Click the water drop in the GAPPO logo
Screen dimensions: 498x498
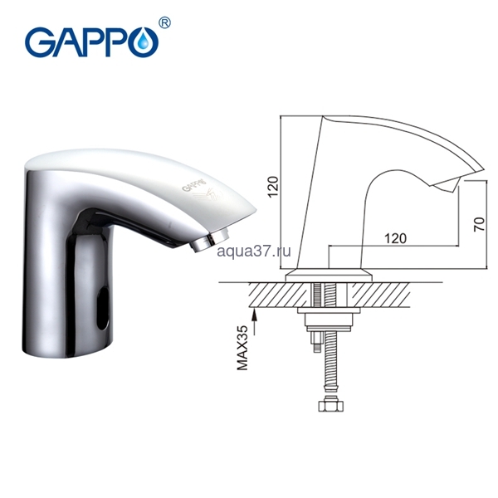[145, 40]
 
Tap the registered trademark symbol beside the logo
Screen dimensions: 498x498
[164, 23]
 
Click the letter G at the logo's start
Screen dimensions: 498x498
[40, 42]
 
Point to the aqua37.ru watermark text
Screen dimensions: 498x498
[254, 251]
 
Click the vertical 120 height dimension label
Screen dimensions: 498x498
[274, 187]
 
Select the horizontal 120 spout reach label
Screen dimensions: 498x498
[395, 238]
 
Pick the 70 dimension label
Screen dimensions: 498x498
[479, 224]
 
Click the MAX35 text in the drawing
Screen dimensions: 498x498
[243, 348]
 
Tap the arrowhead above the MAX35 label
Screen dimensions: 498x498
[254, 315]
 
